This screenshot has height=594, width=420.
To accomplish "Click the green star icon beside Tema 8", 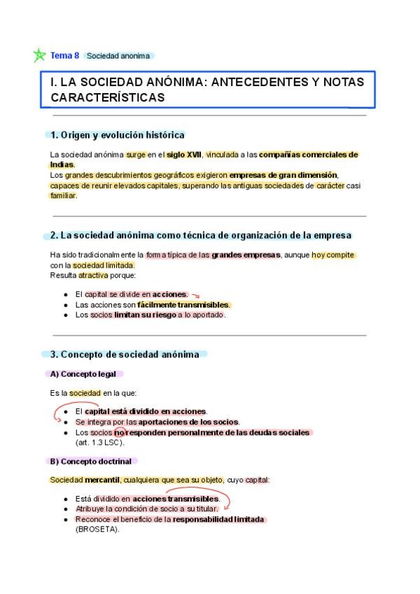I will click(x=39, y=55).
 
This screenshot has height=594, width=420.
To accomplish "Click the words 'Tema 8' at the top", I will click(x=65, y=55).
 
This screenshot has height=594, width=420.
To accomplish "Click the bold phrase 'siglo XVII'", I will click(x=184, y=155).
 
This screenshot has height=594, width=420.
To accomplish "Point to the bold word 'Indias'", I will click(x=62, y=165).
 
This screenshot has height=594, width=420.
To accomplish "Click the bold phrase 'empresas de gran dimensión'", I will click(x=283, y=174).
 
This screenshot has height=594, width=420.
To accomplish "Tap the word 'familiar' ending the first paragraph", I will click(x=63, y=195).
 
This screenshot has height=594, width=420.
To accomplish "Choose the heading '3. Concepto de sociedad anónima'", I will click(x=129, y=354).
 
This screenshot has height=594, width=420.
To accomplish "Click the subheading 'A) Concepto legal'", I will click(x=83, y=374).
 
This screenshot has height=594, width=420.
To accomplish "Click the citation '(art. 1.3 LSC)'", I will click(x=99, y=442).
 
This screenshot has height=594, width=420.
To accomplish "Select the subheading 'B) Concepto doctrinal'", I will click(x=92, y=461).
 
